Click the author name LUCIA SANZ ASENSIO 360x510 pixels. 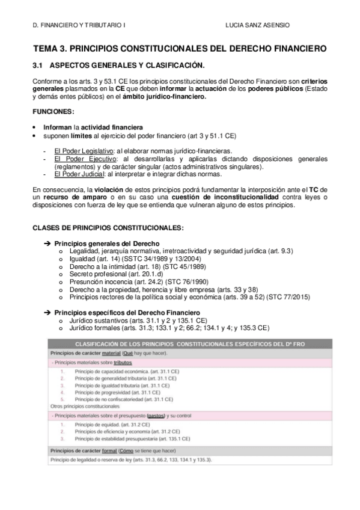coord(257,26)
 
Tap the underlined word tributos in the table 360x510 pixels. coord(121,363)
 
